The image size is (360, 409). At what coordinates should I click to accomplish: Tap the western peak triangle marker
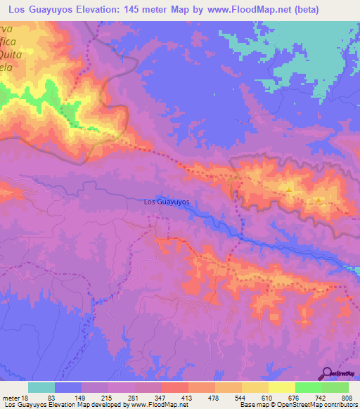[x=289, y=189]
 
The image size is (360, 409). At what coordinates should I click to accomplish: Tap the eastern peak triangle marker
[x=319, y=200]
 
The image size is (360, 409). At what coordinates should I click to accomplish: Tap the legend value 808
[x=347, y=399]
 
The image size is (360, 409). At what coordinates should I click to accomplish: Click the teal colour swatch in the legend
[x=41, y=387]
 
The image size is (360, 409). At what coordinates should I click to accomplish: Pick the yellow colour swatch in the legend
[x=281, y=387]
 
